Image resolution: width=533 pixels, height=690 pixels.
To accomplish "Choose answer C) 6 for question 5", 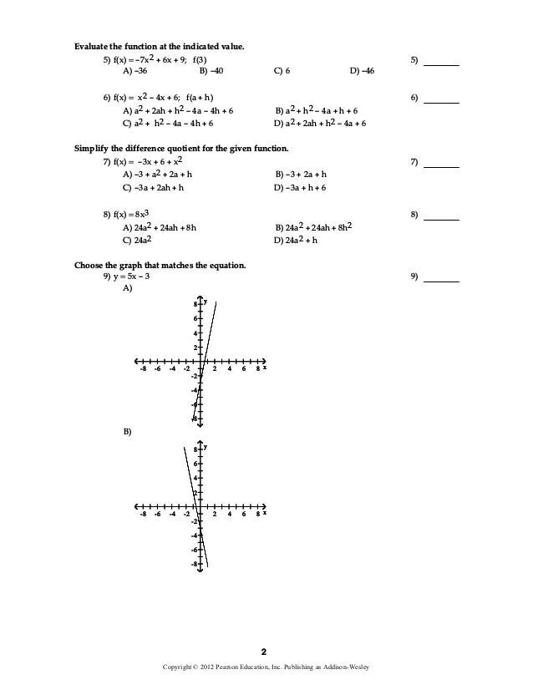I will pyautogui.click(x=282, y=72).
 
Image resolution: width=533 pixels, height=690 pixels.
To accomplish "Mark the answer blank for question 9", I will pyautogui.click(x=442, y=279).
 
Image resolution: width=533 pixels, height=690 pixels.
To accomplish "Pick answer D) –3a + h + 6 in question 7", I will pyautogui.click(x=300, y=188).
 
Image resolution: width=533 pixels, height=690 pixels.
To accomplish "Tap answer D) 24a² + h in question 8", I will pyautogui.click(x=298, y=239).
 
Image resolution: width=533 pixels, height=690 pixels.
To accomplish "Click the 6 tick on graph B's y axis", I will pyautogui.click(x=195, y=463).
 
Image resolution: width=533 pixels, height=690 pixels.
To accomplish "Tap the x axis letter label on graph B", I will pyautogui.click(x=265, y=512).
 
